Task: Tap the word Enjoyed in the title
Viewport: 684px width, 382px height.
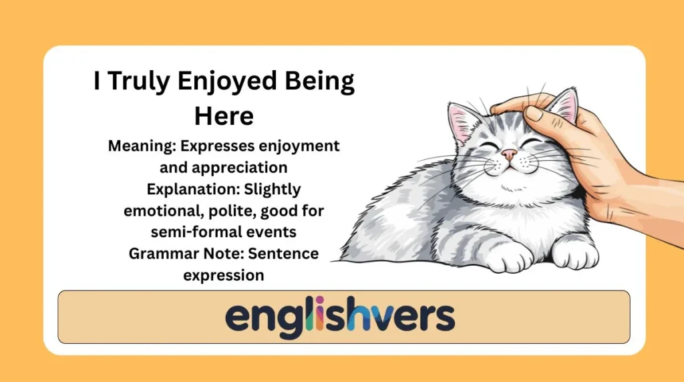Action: pyautogui.click(x=227, y=81)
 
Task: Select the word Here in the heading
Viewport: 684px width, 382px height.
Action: pyautogui.click(x=224, y=116)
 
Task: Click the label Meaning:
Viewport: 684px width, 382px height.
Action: pyautogui.click(x=142, y=146)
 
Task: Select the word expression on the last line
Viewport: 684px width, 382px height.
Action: pyautogui.click(x=224, y=276)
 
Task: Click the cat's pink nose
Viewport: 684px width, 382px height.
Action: pyautogui.click(x=508, y=154)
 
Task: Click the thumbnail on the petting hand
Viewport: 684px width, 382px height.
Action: pyautogui.click(x=534, y=114)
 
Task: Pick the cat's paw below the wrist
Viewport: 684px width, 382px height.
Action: pyautogui.click(x=575, y=253)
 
